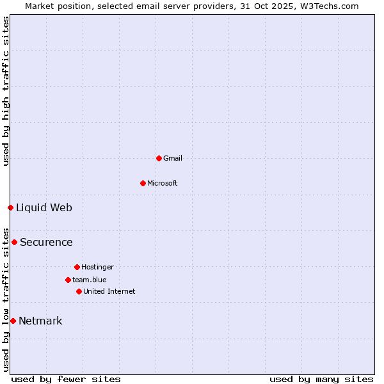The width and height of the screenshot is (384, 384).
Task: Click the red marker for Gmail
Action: click(x=159, y=158)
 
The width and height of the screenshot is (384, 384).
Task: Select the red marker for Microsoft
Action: click(x=143, y=183)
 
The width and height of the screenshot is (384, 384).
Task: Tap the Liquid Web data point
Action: click(x=10, y=207)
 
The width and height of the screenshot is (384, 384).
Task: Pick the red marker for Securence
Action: click(x=14, y=242)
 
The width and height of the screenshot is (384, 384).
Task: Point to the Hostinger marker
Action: click(x=77, y=267)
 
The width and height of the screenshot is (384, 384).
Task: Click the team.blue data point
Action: click(x=68, y=280)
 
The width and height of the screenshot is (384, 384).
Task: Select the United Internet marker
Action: click(x=79, y=291)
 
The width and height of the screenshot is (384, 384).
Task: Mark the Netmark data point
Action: click(x=13, y=321)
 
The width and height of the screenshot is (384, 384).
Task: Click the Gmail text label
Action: click(x=173, y=158)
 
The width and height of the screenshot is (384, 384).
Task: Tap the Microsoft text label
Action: click(x=163, y=183)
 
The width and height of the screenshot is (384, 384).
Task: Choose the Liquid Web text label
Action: click(x=44, y=207)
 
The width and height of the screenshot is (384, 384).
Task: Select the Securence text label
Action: click(x=46, y=242)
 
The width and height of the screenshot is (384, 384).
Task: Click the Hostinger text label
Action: click(x=97, y=267)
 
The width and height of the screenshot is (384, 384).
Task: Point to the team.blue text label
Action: click(x=90, y=280)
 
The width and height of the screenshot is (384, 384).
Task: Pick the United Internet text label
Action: click(x=109, y=291)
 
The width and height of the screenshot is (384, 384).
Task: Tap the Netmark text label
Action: click(x=40, y=321)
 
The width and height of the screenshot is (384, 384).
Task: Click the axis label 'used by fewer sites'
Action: click(x=66, y=379)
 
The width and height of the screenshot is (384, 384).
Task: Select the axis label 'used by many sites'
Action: click(x=321, y=379)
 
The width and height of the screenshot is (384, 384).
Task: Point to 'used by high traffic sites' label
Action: click(x=6, y=91)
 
